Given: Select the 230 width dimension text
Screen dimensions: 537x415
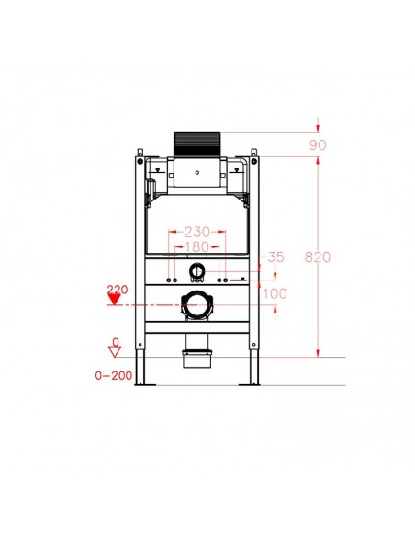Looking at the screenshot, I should click(197, 234).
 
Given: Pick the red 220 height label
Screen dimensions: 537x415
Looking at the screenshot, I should click(116, 290).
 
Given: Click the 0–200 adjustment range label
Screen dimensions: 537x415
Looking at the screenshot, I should click(116, 374).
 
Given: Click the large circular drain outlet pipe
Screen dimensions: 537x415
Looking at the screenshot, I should click(196, 303).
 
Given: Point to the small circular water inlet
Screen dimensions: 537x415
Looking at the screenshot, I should click(196, 272).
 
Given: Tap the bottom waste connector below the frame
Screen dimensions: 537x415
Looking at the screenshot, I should click(196, 353).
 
